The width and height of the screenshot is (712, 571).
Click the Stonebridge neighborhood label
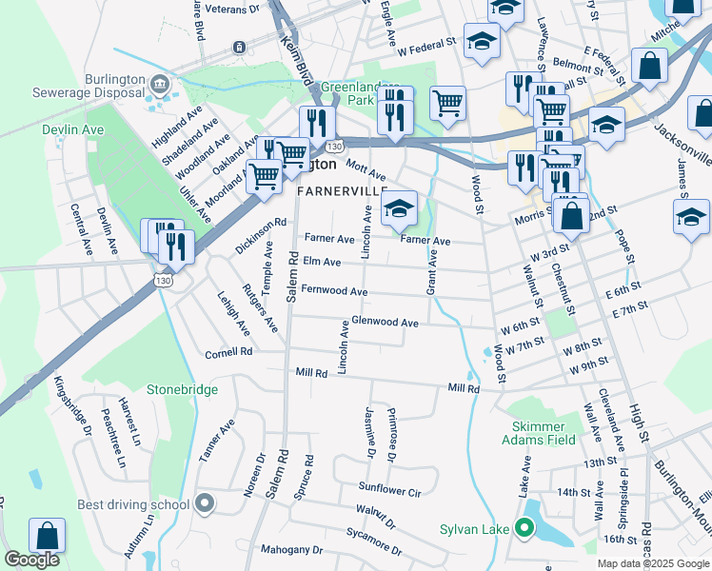pos(182,389)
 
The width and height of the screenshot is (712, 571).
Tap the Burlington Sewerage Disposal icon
pos(159,87)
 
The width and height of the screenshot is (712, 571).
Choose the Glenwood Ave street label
pos(385,323)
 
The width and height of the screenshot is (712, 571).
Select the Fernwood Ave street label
pos(334,290)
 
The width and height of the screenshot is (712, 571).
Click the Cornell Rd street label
pos(228,352)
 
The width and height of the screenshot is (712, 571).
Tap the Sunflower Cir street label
pos(389,492)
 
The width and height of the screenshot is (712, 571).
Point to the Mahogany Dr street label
pos(292,550)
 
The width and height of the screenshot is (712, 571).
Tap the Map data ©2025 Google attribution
pos(652,563)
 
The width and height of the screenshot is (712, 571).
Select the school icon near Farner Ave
pos(400,208)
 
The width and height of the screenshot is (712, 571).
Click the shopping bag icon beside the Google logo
pos(47,537)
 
